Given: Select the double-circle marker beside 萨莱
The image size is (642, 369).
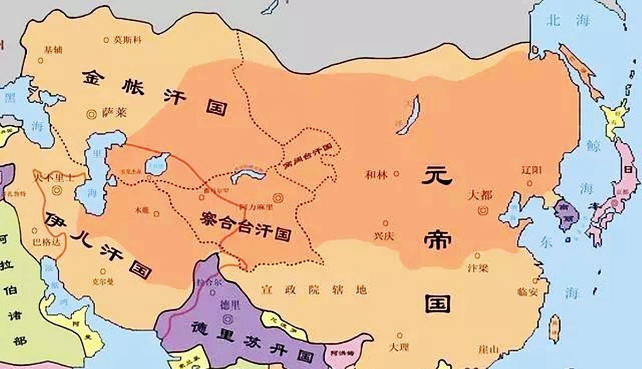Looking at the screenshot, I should [x=91, y=113].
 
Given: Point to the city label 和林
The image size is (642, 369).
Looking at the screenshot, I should [x=375, y=174].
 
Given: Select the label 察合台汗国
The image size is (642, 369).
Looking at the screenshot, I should [x=246, y=225].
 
